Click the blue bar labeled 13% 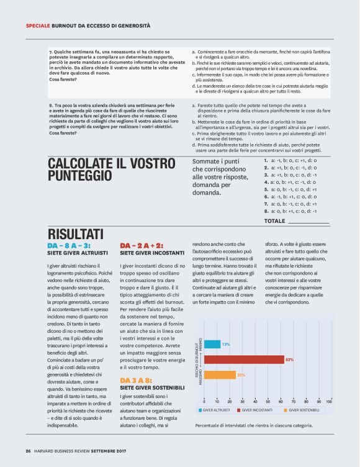[x=212, y=343]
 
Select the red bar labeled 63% [x=243, y=359]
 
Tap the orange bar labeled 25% [x=219, y=374]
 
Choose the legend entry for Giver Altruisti [x=215, y=410]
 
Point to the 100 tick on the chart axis [x=328, y=401]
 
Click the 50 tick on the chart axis [x=266, y=401]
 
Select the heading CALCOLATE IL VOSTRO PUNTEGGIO [x=102, y=170]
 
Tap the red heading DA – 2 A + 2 [x=142, y=246]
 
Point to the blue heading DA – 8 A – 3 [x=69, y=246]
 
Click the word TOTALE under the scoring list [x=275, y=220]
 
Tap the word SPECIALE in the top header [x=38, y=25]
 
